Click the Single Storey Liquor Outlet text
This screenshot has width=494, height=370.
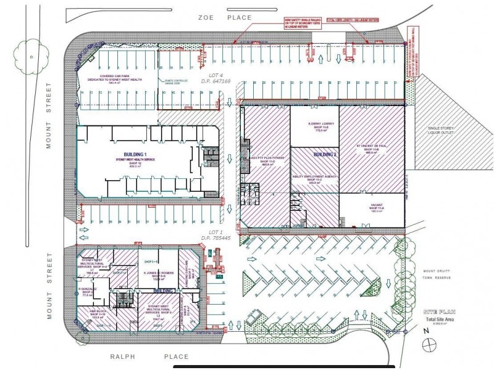[x=440, y=131]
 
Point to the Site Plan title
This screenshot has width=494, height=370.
[x=440, y=313]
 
